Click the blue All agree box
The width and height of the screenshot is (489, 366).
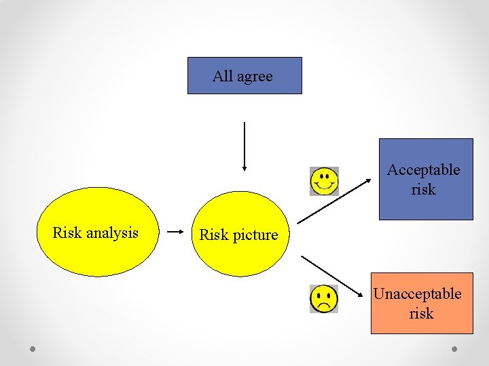[244, 75]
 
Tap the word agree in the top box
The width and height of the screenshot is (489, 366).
[255, 77]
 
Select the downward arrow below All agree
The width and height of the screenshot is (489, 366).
[244, 146]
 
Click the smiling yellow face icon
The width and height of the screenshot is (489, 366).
[324, 181]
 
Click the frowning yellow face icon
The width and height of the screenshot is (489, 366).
[324, 299]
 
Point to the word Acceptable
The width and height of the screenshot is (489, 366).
[423, 170]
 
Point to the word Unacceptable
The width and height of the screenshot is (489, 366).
[417, 294]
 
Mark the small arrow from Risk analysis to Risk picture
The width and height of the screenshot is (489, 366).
[176, 232]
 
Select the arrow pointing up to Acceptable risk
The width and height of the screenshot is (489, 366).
[336, 200]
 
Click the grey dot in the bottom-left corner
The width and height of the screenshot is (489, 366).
[33, 349]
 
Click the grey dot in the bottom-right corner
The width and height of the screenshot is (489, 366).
[455, 349]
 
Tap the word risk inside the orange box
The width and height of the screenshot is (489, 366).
[421, 313]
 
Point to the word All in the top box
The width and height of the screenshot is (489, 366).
[222, 76]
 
